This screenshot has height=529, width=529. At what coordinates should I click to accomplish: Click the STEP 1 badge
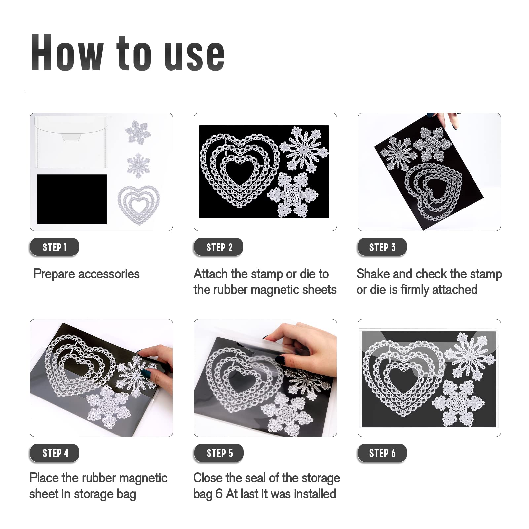coord(55,247)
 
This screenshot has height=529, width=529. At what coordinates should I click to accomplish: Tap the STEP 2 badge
coord(218,247)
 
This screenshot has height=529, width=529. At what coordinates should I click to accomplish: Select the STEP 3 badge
coord(382,247)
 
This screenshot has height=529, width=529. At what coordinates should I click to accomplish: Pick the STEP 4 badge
coord(55,453)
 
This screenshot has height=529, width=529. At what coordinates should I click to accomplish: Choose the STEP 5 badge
coord(218,453)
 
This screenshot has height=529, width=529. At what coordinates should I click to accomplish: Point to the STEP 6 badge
coord(382,453)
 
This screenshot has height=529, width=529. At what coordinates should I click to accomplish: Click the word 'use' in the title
coord(195,55)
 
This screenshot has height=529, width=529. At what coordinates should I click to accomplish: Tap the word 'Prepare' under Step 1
coord(54,274)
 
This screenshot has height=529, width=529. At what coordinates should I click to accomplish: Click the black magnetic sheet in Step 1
coord(72,199)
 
